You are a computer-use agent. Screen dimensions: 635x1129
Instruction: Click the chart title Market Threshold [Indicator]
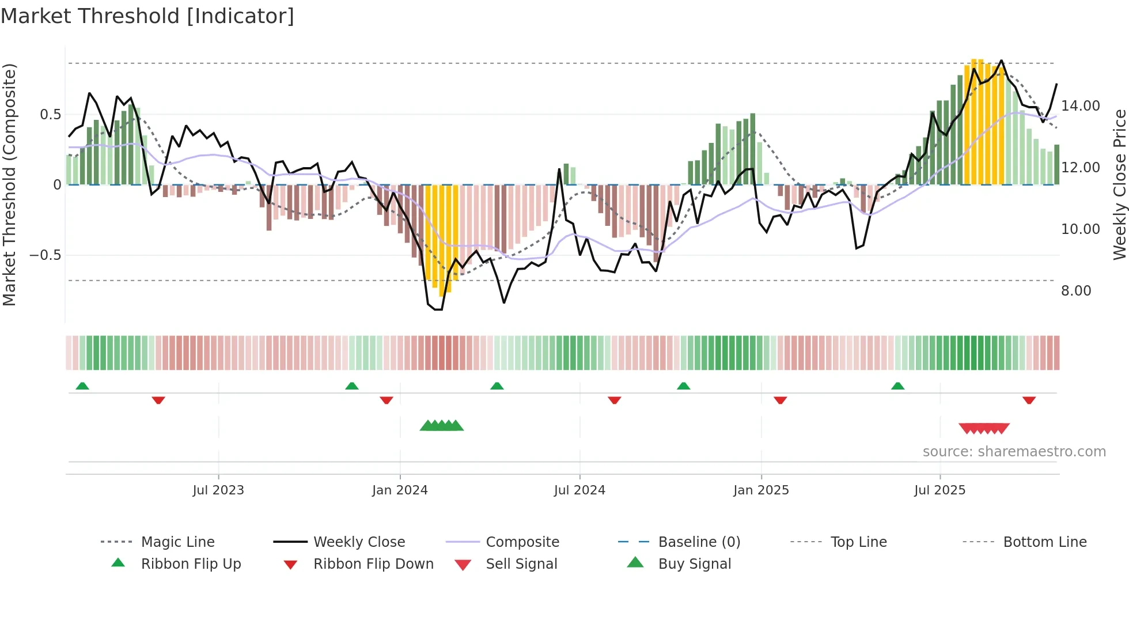pos(147,16)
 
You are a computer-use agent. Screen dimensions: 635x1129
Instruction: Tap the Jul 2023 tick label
pos(218,490)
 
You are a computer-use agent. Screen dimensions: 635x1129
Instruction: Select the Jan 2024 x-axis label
pos(400,490)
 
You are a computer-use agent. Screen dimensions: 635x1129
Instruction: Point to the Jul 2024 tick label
pos(579,490)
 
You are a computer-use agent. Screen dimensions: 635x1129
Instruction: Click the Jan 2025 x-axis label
pos(761,490)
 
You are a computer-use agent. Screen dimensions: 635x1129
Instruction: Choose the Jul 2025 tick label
pos(939,490)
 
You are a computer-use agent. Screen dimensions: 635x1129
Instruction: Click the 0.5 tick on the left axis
pos(50,115)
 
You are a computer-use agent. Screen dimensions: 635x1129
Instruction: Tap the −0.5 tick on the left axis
pos(45,255)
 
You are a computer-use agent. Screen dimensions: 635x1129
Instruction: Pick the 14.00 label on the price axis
pos(1080,106)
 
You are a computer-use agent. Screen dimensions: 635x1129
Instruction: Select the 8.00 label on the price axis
pos(1075,291)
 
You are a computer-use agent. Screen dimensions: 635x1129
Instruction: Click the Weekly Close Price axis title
pos(1119,184)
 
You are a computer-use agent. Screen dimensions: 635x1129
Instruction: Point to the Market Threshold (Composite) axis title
pos(9,184)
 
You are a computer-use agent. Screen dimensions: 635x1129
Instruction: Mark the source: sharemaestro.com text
pos(1014,452)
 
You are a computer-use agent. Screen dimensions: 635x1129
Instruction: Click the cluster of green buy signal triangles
pos(441,426)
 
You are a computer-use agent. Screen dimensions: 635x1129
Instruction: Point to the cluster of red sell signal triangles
pos(984,428)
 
